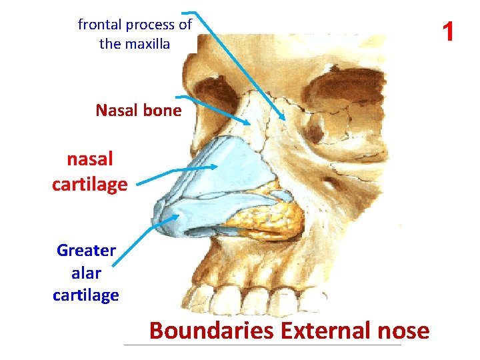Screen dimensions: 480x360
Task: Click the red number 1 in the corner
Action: tap(448, 31)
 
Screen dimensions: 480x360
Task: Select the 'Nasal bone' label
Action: tap(138, 110)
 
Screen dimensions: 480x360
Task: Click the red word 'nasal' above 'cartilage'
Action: tap(89, 159)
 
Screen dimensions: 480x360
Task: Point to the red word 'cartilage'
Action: tap(89, 183)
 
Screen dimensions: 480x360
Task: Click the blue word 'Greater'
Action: tap(86, 251)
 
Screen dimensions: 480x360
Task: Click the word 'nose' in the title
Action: tap(403, 330)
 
